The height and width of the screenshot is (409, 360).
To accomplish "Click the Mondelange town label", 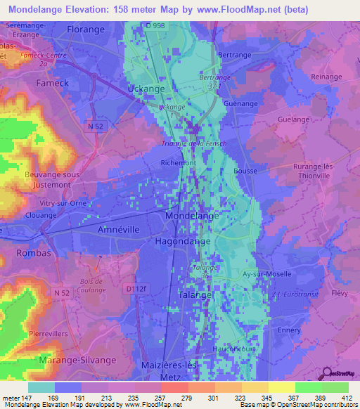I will (192, 218).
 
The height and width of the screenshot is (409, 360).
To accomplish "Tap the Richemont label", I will (179, 162).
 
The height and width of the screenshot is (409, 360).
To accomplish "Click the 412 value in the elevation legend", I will (345, 398).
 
